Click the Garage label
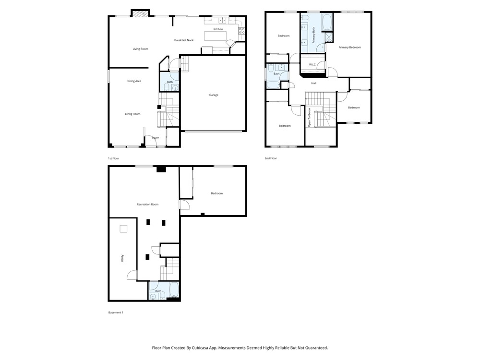tap(214, 95)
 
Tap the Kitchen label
tap(218, 29)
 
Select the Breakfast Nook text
tap(184, 40)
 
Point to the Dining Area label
tap(134, 81)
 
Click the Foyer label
tap(156, 138)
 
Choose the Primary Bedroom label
tap(349, 47)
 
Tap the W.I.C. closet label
tap(312, 65)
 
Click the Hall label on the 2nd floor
tap(314, 83)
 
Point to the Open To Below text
tap(310, 118)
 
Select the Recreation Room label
tap(147, 204)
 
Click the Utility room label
tap(122, 258)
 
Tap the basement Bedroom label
tap(217, 193)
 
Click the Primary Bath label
tap(313, 35)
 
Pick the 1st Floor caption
tap(113, 158)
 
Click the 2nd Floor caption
tap(271, 158)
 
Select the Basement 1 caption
tap(116, 312)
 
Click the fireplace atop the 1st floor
tap(141, 13)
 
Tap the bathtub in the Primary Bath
tap(327, 22)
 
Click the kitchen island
tap(216, 36)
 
